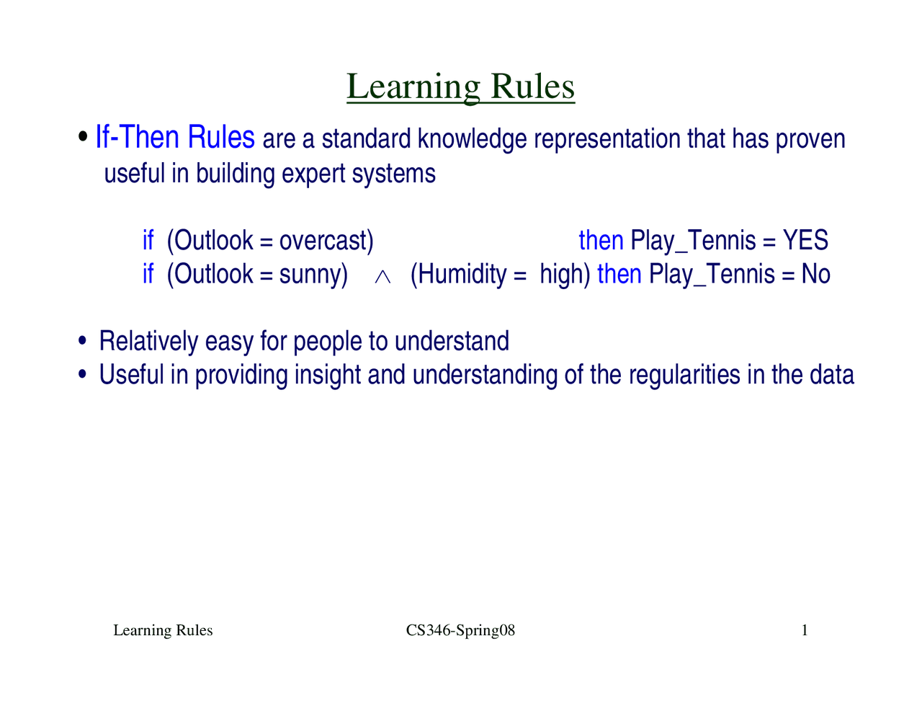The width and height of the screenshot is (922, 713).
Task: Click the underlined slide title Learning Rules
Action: [x=460, y=87]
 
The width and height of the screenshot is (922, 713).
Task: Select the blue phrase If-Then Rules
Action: [x=175, y=137]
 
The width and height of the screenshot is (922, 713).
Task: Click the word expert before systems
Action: [x=313, y=174]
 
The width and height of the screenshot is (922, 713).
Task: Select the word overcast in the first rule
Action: [x=323, y=241]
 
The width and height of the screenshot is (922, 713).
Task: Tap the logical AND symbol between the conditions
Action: [x=382, y=277]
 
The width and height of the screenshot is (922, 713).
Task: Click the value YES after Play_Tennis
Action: [x=805, y=241]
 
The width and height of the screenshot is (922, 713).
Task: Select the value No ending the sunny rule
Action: [x=815, y=275]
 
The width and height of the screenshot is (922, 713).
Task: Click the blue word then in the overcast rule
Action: [x=601, y=241]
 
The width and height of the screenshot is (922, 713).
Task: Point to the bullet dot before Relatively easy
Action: [x=84, y=341]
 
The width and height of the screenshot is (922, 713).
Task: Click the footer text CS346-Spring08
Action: [x=460, y=631]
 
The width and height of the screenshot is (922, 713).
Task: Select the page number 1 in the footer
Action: [x=805, y=631]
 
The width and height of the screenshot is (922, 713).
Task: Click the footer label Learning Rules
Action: [x=163, y=631]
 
